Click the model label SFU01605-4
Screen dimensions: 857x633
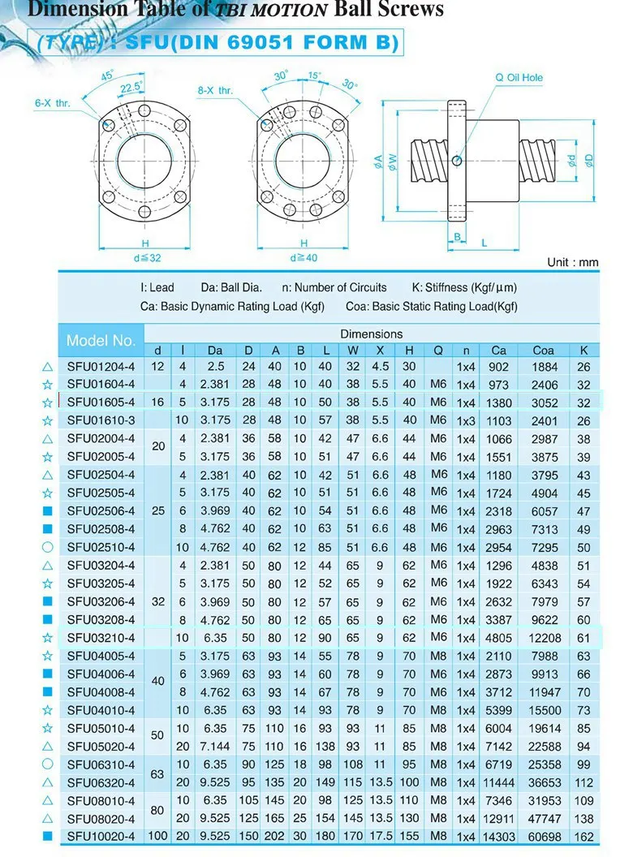101,403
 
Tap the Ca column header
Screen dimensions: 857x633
498,350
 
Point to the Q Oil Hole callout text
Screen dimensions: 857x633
519,78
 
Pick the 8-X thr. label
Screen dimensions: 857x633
214,90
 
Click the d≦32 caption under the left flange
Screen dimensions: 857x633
146,257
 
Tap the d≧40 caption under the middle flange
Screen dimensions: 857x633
304,257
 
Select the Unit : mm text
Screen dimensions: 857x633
573,262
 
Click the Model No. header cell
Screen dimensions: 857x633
101,341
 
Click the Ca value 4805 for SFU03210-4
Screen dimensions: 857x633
498,638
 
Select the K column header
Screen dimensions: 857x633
583,350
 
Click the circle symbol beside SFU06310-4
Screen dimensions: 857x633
47,764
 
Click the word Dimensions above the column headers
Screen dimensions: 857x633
371,334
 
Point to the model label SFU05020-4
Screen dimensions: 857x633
101,746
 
